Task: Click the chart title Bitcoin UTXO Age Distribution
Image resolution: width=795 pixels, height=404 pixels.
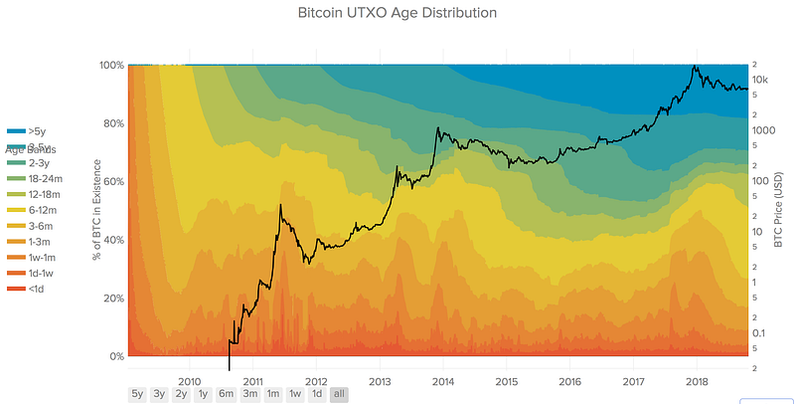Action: click(x=397, y=14)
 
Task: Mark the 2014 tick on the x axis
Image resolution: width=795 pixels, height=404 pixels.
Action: click(x=443, y=380)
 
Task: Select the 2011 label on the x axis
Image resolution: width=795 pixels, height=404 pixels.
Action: click(x=252, y=380)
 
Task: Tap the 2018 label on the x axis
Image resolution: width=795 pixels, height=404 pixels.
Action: click(x=697, y=380)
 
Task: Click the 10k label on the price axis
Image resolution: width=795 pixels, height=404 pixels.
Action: click(x=762, y=80)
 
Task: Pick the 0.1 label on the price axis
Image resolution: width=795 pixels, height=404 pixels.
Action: click(x=759, y=332)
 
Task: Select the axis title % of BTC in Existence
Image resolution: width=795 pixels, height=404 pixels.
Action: click(x=96, y=210)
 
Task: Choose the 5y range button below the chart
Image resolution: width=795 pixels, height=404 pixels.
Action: click(x=137, y=394)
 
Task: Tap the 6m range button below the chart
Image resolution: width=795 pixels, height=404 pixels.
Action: click(x=226, y=394)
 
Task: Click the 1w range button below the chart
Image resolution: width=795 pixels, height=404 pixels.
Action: click(x=295, y=394)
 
